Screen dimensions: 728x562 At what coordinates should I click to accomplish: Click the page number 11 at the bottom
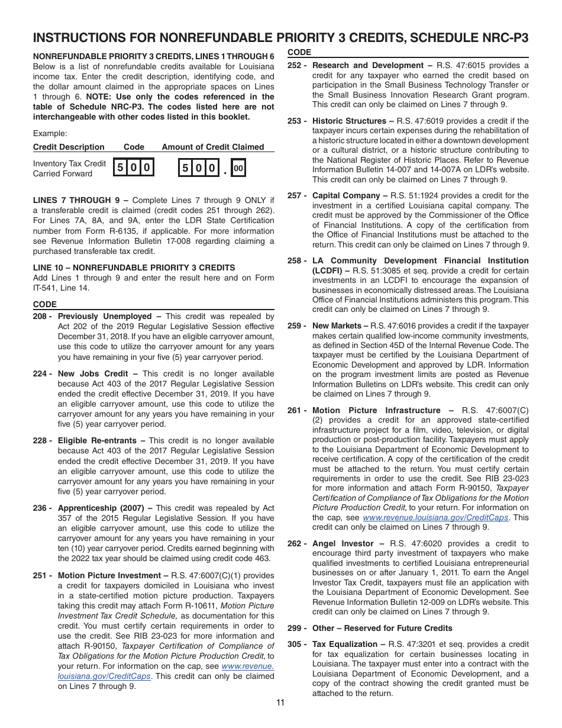(x=280, y=703)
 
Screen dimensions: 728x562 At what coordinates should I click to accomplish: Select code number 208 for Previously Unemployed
(x=41, y=317)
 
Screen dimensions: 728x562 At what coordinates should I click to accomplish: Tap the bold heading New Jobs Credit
(x=92, y=373)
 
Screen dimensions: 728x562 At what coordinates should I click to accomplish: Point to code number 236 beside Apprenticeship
(x=41, y=508)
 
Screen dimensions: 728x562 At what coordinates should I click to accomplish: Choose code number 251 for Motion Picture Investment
(x=41, y=575)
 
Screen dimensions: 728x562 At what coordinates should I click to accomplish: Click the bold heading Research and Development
(x=368, y=65)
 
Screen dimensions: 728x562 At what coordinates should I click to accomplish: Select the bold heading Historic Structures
(x=349, y=121)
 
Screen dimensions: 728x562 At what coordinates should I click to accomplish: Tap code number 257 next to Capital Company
(x=295, y=195)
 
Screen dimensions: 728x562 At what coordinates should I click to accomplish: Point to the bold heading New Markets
(x=336, y=326)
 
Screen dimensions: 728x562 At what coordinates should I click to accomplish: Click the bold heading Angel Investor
(x=343, y=543)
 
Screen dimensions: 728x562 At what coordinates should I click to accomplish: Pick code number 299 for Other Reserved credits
(x=295, y=628)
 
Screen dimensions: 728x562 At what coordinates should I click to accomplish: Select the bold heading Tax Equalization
(x=345, y=644)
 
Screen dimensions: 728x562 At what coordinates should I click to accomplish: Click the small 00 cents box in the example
(x=238, y=169)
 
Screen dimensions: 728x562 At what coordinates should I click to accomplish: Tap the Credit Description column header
(x=69, y=147)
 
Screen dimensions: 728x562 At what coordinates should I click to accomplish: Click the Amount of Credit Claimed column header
(x=213, y=147)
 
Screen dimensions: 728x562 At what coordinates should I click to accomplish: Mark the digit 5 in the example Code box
(x=120, y=168)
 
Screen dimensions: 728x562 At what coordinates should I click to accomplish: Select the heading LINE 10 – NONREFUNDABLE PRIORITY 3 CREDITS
(x=134, y=268)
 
